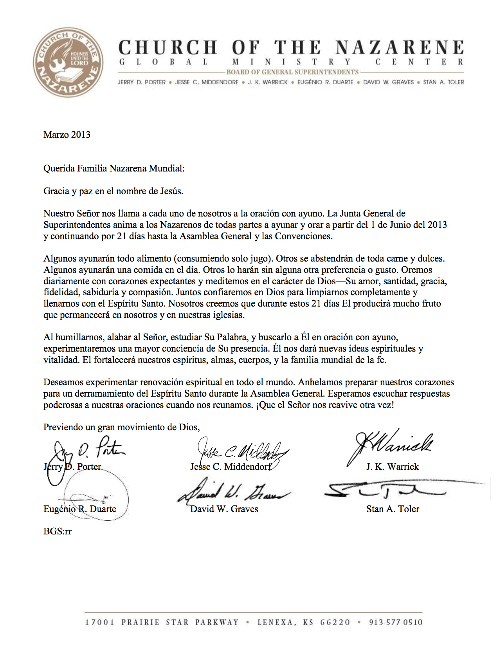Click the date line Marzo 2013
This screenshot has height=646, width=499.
67,135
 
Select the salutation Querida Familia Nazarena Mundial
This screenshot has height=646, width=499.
114,168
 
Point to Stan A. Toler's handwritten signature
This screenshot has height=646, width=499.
386,489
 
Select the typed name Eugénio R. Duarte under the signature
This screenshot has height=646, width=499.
80,509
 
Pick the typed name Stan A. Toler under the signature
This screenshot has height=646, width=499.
393,509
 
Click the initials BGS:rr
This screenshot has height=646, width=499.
58,531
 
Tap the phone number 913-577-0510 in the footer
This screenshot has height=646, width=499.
396,622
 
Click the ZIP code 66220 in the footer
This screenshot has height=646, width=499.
335,622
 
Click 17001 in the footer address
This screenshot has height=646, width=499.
100,622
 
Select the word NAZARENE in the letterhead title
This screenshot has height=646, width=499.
400,47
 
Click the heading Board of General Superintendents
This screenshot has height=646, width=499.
292,72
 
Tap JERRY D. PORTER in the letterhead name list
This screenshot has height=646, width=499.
142,82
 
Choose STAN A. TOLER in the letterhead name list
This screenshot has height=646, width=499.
443,82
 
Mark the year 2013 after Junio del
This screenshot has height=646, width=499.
437,225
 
